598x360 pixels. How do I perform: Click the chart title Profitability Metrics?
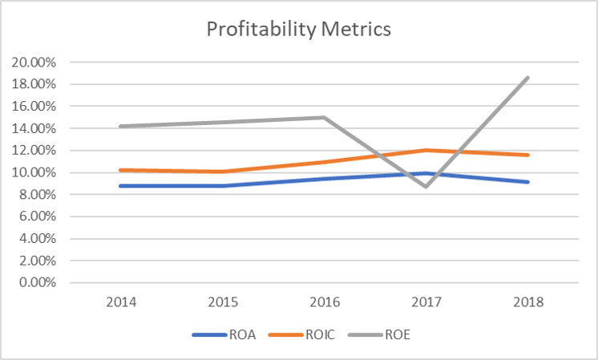298,30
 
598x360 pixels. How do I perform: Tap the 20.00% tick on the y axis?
33,62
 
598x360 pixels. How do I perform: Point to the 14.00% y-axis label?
33,128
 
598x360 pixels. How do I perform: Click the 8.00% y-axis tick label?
35,194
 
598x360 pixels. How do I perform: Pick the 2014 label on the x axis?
121,302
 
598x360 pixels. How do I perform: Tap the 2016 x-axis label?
325,302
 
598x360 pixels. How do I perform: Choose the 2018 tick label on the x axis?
527,302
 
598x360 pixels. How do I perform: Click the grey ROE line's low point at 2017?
426,186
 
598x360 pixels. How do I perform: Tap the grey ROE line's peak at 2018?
527,78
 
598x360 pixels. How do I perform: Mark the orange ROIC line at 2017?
426,150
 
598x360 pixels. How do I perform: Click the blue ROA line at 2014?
121,186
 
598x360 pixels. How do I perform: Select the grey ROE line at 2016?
324,117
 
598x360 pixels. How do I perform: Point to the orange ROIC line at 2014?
121,170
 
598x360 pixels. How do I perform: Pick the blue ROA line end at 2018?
527,182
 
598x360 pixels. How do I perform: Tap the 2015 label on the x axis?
223,302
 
